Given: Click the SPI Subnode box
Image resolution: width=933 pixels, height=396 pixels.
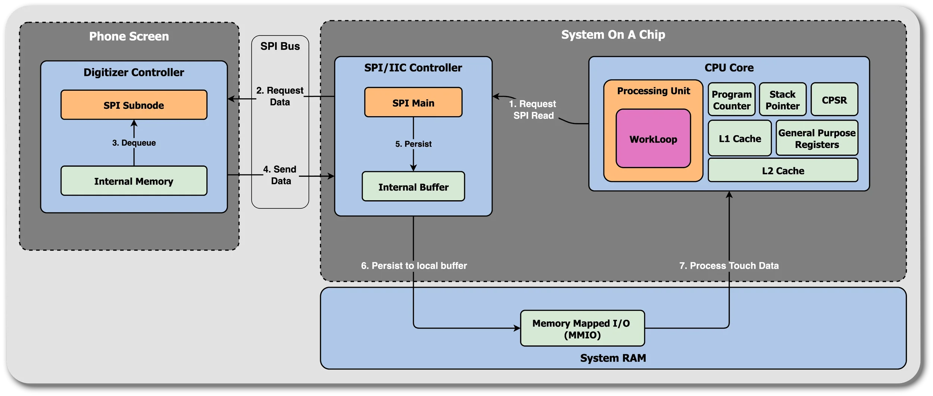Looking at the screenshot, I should [134, 105].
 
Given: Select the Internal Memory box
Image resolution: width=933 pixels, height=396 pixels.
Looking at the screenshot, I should [134, 181].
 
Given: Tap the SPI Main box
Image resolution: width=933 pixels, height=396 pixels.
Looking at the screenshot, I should [413, 102].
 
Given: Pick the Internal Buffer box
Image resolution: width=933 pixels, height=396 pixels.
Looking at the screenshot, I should [413, 186].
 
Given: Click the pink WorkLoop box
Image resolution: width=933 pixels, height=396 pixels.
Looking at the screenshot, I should [653, 139].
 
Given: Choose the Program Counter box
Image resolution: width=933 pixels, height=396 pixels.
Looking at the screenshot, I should [731, 100].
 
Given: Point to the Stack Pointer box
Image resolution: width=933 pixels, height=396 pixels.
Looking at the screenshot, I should [783, 100].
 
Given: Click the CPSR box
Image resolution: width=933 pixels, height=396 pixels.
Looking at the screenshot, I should [834, 100].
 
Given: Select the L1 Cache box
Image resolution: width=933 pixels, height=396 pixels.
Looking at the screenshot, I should [739, 138].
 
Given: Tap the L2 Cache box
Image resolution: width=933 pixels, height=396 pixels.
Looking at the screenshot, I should [783, 170].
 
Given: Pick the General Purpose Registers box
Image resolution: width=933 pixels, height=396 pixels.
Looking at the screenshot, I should [817, 138].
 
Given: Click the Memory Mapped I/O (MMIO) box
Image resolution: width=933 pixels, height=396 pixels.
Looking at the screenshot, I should [582, 328].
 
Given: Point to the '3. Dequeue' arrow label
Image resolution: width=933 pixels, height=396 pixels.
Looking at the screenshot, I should [134, 143].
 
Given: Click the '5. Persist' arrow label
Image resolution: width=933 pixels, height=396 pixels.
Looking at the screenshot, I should [413, 144].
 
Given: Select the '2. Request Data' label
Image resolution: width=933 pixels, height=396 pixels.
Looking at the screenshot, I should [280, 96].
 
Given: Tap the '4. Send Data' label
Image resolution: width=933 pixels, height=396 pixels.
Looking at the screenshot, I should [280, 175].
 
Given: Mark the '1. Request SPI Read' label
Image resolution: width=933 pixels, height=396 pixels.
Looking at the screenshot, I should [533, 109].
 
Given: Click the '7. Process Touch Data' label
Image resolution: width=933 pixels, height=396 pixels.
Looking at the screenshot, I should [728, 266].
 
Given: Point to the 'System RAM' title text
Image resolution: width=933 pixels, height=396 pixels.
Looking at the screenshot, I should [613, 358].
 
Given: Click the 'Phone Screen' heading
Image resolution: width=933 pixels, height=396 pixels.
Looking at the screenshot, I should [129, 36].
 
